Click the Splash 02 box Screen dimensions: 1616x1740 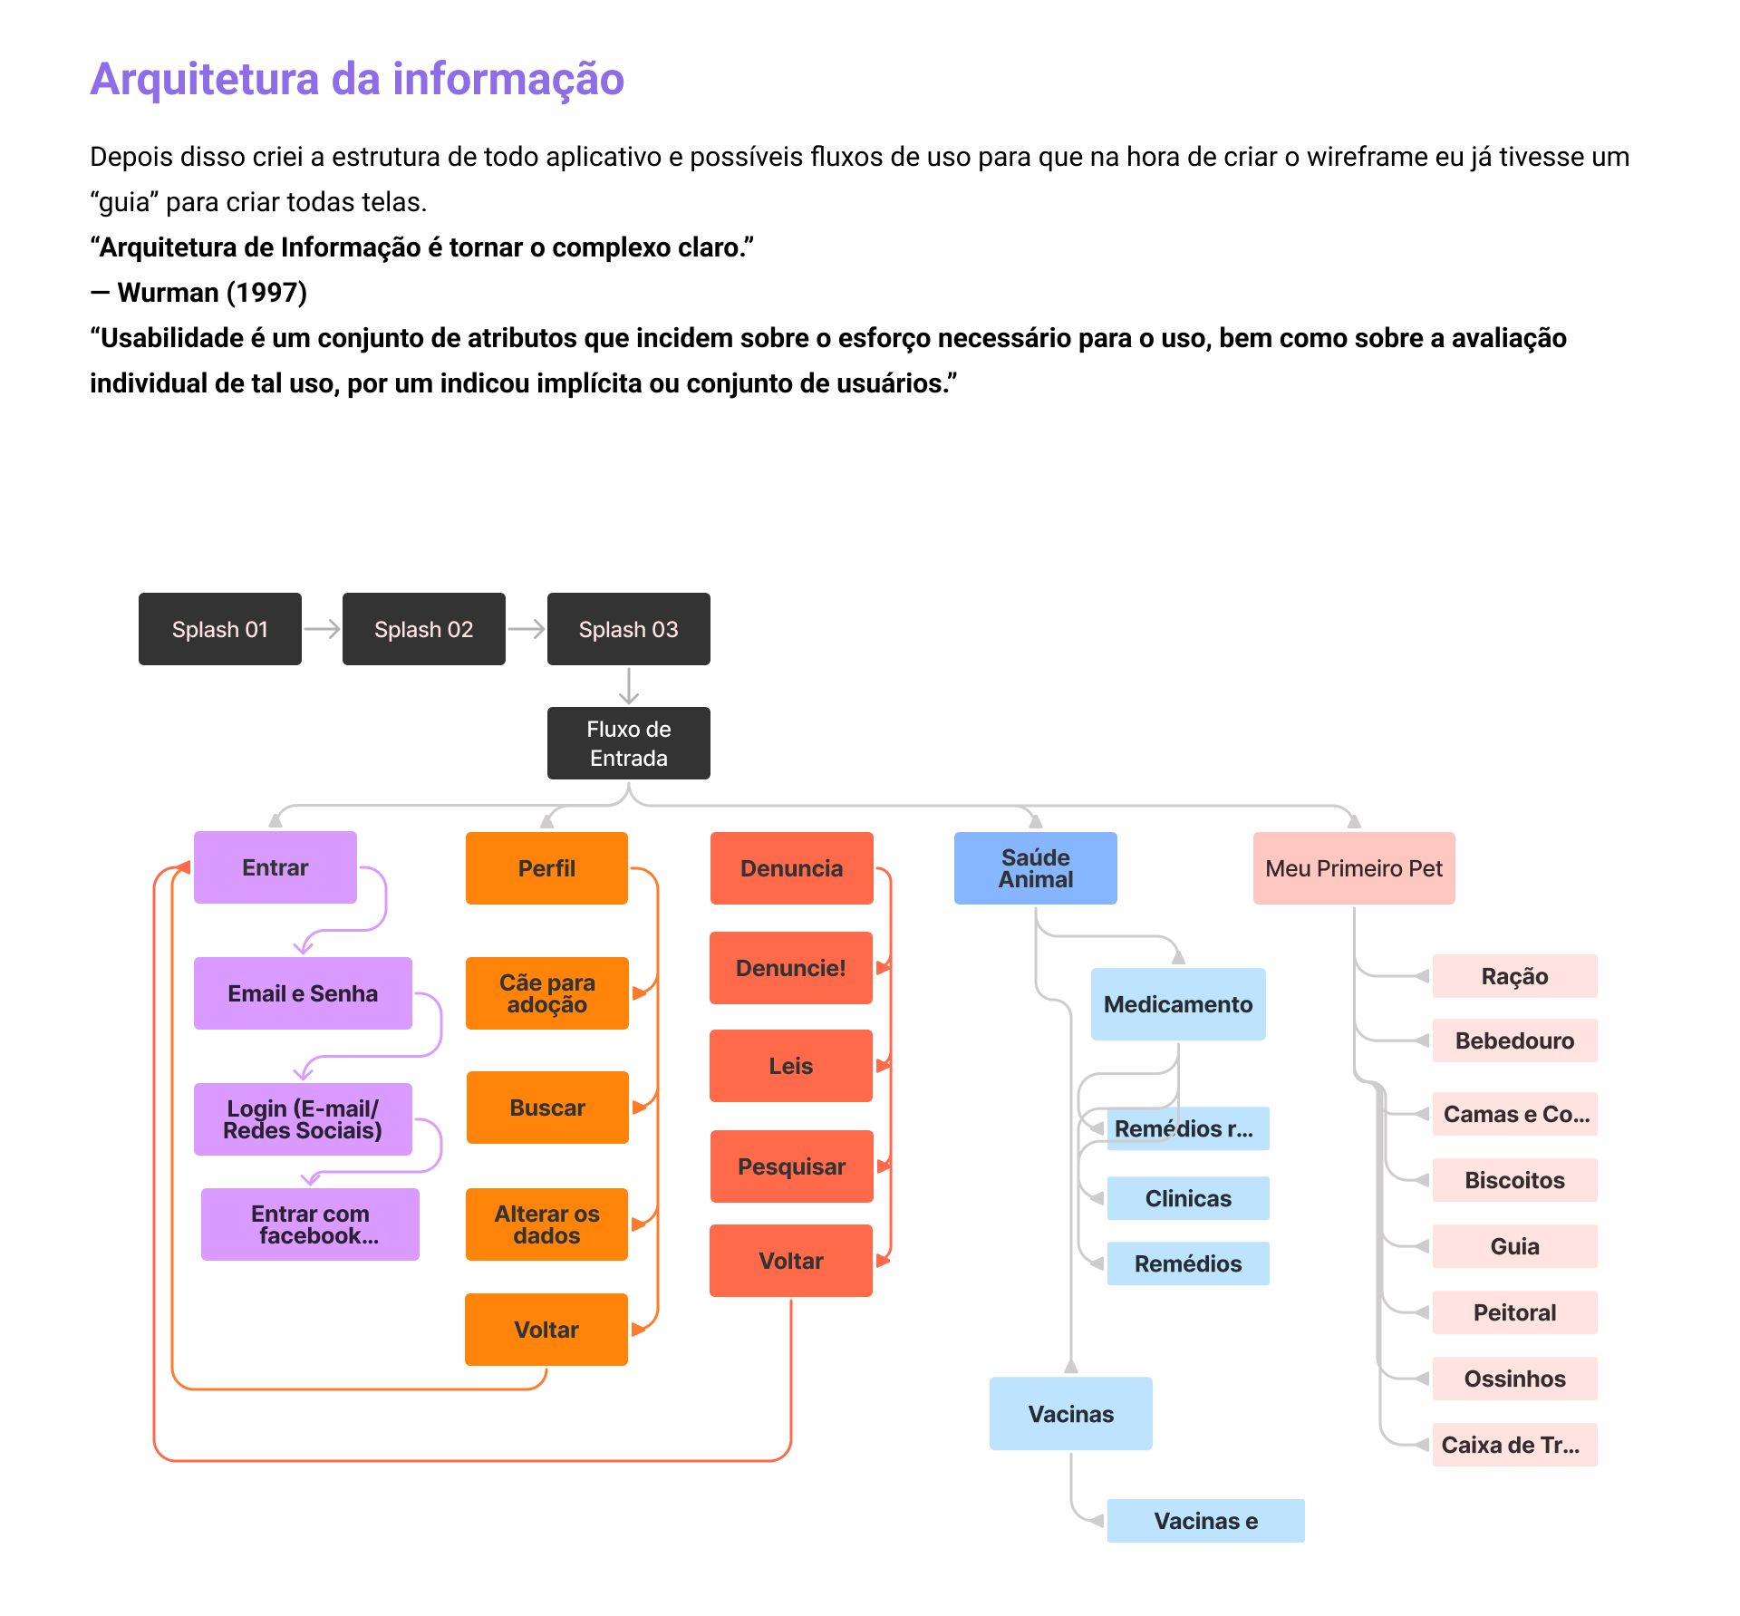[x=423, y=629]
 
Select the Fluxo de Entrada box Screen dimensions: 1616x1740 [x=628, y=743]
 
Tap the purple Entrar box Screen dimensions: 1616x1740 [x=275, y=867]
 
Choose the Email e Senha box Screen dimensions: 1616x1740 [x=303, y=993]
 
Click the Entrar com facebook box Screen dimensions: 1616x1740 [x=310, y=1224]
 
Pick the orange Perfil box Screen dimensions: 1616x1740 [x=546, y=868]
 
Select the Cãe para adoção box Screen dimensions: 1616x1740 [x=546, y=993]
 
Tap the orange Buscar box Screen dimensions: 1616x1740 [x=547, y=1108]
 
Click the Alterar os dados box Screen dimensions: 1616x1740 [x=546, y=1224]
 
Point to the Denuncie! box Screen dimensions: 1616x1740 [x=790, y=968]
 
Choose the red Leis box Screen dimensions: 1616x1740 [x=790, y=1066]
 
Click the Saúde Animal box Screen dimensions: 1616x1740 [x=1035, y=868]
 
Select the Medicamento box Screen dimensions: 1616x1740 [x=1177, y=1004]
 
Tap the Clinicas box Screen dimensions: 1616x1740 [x=1187, y=1198]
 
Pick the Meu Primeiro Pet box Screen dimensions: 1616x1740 [x=1353, y=868]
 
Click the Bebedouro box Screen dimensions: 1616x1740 [x=1514, y=1040]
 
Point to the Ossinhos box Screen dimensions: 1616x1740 [x=1514, y=1379]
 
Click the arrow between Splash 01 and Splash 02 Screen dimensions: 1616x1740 [x=322, y=629]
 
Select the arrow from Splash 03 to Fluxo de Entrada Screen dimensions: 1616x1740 [x=629, y=686]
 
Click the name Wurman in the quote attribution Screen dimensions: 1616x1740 [x=169, y=293]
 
